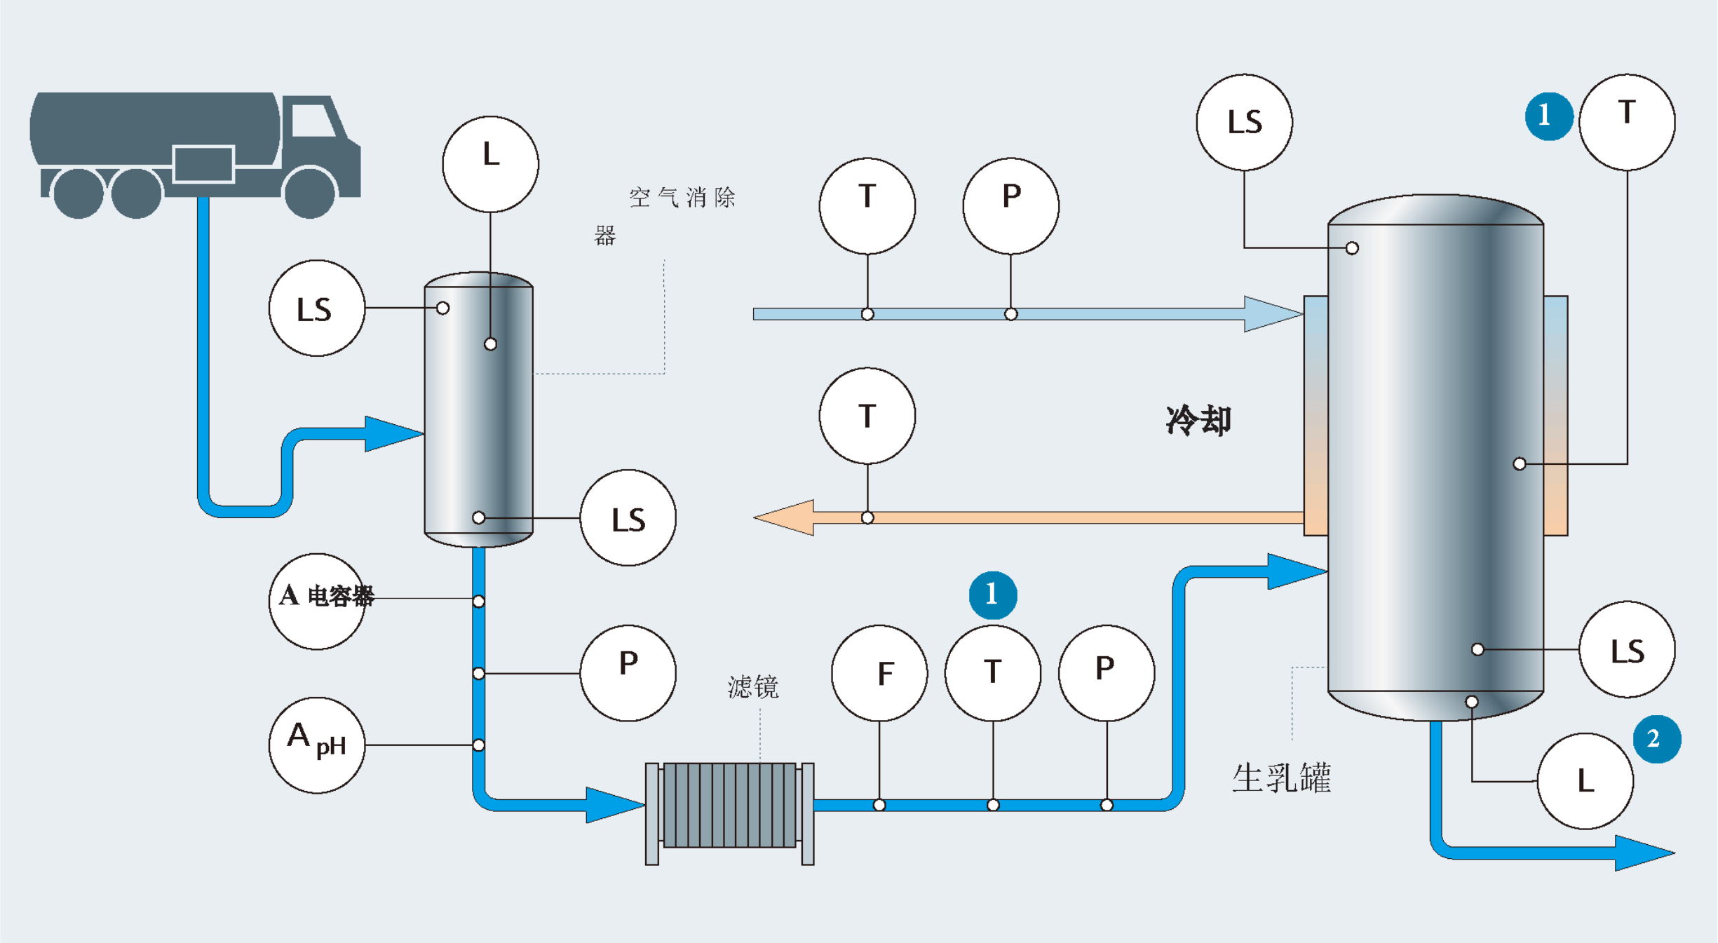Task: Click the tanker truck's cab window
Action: (312, 121)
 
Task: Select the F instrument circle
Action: (879, 673)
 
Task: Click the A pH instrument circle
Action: (317, 745)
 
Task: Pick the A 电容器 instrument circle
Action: (317, 601)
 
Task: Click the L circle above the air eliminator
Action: (491, 164)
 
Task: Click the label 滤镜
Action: (753, 687)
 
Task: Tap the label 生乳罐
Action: (1281, 778)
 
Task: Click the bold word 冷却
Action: (1198, 421)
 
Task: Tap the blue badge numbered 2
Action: (1656, 739)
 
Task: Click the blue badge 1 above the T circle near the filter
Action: (993, 595)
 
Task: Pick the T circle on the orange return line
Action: (867, 416)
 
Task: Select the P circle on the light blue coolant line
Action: (1010, 206)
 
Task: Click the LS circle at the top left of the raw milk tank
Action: (1244, 122)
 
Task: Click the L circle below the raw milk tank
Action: (1585, 781)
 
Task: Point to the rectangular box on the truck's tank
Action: (203, 163)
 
